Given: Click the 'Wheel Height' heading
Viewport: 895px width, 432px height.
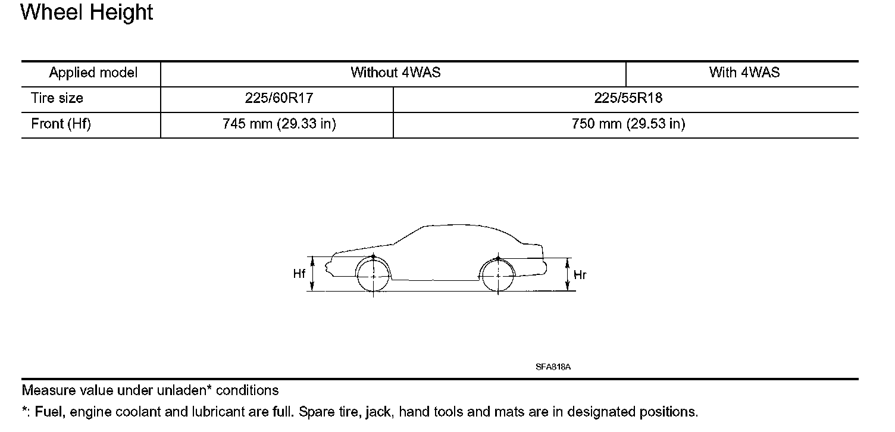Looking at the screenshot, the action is (86, 12).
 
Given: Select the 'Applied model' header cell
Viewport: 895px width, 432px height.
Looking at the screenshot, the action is (93, 73).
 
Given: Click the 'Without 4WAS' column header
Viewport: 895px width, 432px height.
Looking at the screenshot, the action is (396, 73).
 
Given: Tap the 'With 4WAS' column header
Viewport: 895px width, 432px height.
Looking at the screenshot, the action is (744, 73).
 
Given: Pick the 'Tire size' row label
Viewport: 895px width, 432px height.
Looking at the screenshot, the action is (57, 98).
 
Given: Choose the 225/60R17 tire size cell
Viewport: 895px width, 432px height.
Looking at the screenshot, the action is (279, 98).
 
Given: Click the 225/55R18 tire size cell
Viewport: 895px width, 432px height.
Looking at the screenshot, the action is (628, 98).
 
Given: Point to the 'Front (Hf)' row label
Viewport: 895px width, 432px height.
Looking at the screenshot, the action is (61, 124).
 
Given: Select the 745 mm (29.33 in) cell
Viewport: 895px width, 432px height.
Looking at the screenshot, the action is (279, 124).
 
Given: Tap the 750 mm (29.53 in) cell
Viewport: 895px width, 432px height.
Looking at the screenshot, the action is (628, 124).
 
